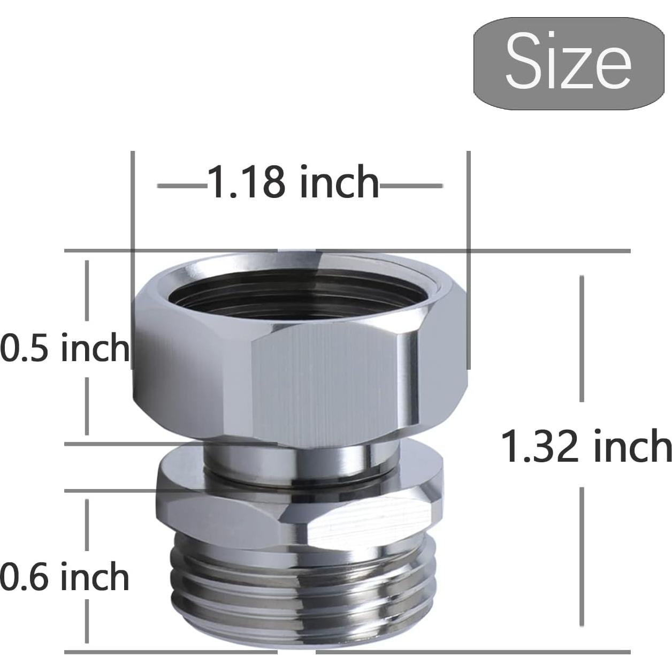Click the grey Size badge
568,64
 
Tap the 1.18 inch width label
293,182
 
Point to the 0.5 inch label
64,348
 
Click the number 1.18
247,182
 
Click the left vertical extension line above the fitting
133,203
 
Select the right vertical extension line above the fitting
469,203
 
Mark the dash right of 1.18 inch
411,186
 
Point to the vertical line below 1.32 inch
582,556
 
